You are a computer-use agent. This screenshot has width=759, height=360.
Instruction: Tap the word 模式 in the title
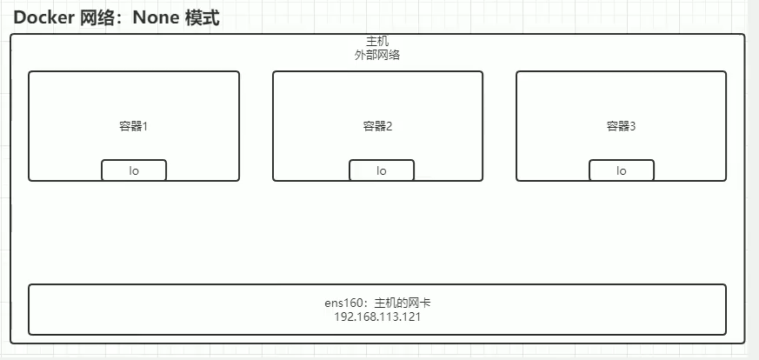point(203,18)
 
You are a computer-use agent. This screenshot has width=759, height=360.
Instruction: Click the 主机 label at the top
point(377,42)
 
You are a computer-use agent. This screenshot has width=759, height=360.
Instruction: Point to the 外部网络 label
point(377,54)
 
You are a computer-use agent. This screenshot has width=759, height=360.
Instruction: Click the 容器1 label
point(134,126)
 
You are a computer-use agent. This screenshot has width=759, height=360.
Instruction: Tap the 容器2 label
point(377,126)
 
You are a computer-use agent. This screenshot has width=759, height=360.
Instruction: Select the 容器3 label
point(621,126)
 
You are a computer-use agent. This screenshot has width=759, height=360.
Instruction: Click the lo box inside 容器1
point(134,170)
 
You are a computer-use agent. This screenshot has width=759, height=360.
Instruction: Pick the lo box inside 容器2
point(382,170)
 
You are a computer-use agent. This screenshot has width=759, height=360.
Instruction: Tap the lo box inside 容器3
point(621,170)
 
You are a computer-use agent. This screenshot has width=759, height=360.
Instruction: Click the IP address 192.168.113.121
point(377,317)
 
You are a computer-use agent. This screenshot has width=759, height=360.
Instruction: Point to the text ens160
point(341,303)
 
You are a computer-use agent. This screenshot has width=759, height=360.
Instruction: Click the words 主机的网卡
point(403,303)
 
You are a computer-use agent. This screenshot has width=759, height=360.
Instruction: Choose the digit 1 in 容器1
point(145,126)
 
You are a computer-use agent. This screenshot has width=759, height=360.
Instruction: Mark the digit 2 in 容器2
point(389,126)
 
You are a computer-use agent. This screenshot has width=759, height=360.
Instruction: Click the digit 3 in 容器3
point(632,126)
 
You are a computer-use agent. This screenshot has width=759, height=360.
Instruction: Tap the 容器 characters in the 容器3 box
point(616,126)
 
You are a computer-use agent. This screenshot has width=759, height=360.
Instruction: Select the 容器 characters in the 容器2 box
point(373,126)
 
